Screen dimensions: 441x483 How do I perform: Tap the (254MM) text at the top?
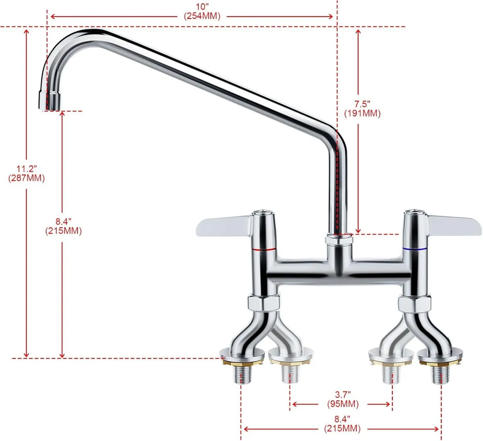pos(202,16)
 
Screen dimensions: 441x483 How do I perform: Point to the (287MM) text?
pos(27,177)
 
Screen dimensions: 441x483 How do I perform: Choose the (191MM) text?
pos(362,113)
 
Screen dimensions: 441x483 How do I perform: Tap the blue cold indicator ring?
pos(415,250)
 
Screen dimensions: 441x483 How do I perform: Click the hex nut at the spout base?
pos(339,240)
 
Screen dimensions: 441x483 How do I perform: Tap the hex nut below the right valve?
pos(414,303)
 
